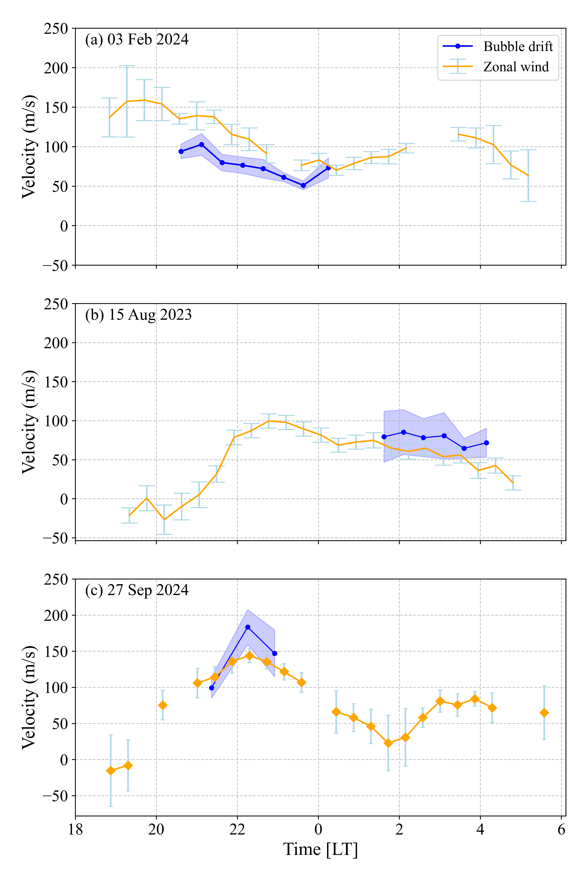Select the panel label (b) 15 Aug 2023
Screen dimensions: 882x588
[138, 315]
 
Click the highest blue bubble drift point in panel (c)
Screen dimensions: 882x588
[248, 627]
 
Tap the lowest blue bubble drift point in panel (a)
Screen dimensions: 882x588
[303, 185]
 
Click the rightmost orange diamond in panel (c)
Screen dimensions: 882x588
[544, 713]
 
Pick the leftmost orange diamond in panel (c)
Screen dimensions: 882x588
[111, 770]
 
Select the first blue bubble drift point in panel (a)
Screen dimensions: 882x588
[181, 152]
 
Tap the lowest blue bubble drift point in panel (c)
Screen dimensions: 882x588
[212, 688]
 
